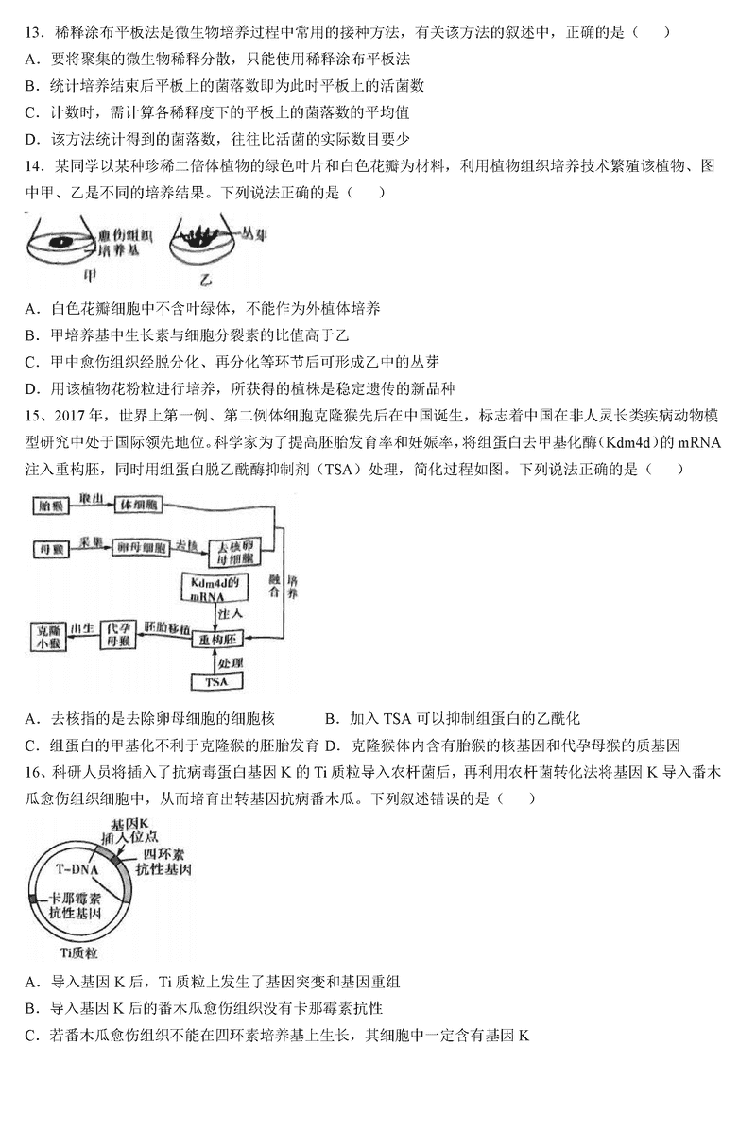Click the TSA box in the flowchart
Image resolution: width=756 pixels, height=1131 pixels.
215,681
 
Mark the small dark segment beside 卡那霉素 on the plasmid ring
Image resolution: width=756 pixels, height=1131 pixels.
33,899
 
